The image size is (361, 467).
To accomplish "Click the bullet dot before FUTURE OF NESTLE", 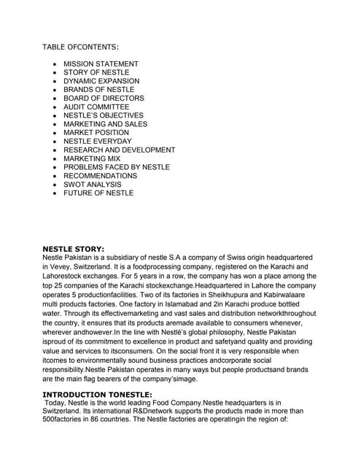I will tap(55, 193).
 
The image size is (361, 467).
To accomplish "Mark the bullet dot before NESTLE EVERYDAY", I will tap(55, 142).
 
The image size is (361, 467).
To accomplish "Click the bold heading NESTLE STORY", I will tap(74, 249).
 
